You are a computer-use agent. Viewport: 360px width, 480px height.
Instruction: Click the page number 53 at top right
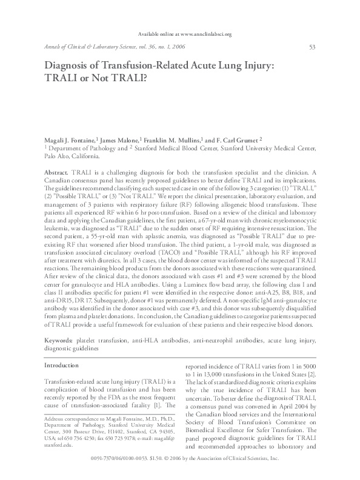pyautogui.click(x=312, y=47)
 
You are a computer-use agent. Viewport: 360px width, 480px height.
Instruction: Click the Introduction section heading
pyautogui.click(x=62, y=365)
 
